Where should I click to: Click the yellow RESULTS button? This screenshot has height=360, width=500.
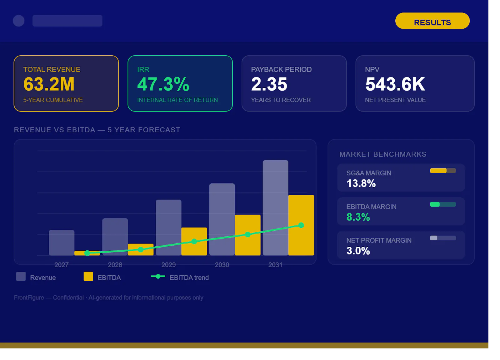click(x=432, y=21)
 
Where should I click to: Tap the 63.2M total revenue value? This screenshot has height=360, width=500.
click(x=49, y=84)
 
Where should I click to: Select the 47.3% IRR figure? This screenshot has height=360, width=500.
click(x=163, y=84)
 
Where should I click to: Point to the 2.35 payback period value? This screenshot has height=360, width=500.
click(x=269, y=84)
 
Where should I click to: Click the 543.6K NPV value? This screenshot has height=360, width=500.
click(x=395, y=84)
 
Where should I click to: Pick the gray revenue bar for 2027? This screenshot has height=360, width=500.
click(x=62, y=243)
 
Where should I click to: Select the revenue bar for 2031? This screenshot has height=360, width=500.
click(x=275, y=208)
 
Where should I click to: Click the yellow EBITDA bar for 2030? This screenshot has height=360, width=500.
click(x=247, y=235)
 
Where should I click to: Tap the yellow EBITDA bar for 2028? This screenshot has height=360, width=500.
click(x=141, y=249)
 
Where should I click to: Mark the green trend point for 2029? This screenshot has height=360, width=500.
click(x=194, y=241)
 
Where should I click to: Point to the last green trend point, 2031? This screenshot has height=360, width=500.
click(x=301, y=225)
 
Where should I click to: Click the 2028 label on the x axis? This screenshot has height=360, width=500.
click(x=115, y=265)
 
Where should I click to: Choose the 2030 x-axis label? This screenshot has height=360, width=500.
click(x=222, y=265)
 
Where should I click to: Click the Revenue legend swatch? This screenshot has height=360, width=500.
click(x=21, y=276)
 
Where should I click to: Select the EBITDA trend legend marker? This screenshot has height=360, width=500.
click(x=158, y=277)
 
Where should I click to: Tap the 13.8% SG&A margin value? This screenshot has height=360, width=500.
click(x=361, y=184)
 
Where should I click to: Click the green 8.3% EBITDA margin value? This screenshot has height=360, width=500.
click(x=358, y=217)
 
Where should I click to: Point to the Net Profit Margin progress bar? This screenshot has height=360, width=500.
click(x=443, y=238)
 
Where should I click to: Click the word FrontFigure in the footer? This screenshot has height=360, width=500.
click(x=29, y=298)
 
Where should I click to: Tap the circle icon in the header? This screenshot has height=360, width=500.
click(x=19, y=21)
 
